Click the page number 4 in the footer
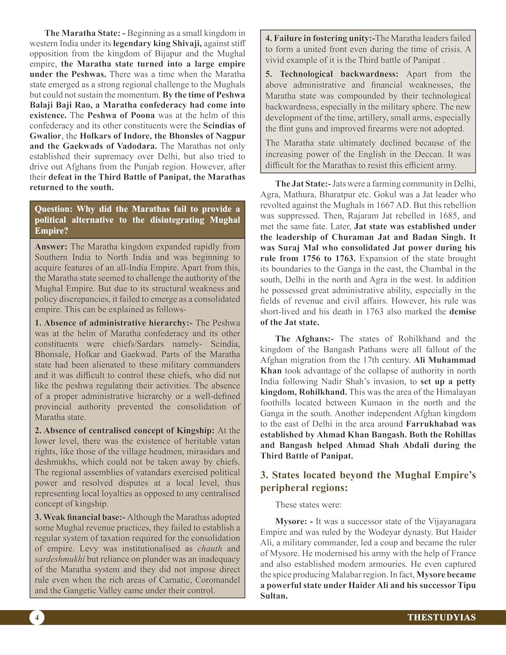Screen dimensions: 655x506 click(x=37, y=617)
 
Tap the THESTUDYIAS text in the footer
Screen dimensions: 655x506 click(x=441, y=617)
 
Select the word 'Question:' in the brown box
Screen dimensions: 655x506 click(x=53, y=209)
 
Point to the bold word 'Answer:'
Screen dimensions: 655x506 click(x=51, y=247)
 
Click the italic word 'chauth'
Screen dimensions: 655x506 click(x=210, y=549)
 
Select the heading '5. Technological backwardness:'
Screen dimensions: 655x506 click(x=332, y=74)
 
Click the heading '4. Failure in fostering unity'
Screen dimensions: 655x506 click(x=320, y=38)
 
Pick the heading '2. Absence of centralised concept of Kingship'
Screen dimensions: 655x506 click(x=124, y=431)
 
